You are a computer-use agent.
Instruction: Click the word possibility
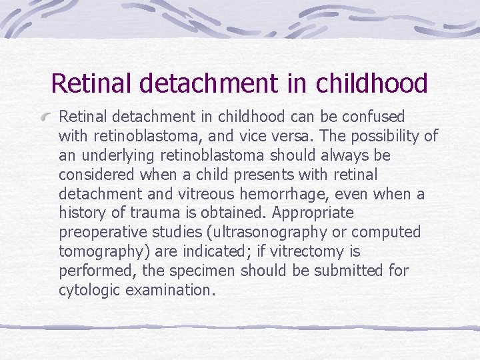coord(383,136)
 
